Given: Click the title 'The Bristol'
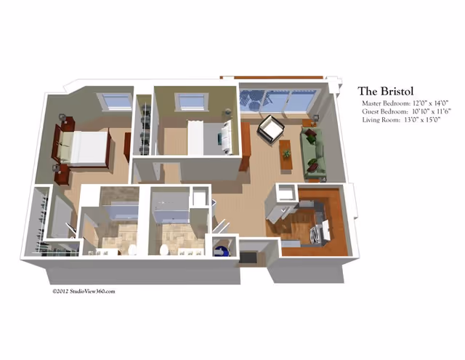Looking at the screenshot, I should tap(386, 91).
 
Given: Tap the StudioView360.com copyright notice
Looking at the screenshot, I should tap(84, 292).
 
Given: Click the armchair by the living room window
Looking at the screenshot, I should tap(272, 130).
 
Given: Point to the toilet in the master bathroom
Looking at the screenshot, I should tap(133, 249).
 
